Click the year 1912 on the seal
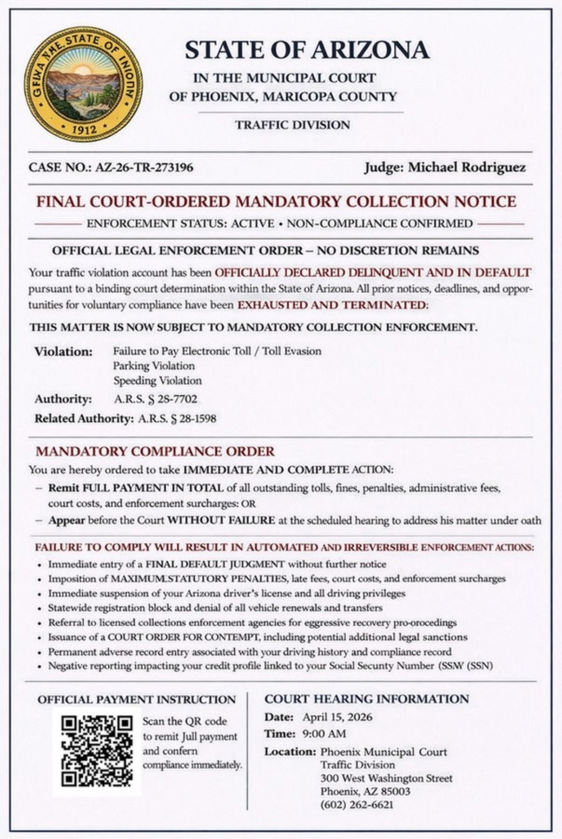[84, 128]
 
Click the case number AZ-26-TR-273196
[144, 167]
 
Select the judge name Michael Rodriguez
[467, 167]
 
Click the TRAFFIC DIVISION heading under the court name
[292, 125]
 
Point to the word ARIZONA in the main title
[371, 50]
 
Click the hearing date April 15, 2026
[337, 717]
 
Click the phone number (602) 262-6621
[357, 805]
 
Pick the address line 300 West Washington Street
[386, 778]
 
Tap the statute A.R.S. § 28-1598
[177, 418]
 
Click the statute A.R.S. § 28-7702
[156, 399]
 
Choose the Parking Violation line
[154, 366]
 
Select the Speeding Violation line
[158, 380]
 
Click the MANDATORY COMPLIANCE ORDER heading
[155, 451]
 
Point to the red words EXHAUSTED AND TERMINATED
[333, 305]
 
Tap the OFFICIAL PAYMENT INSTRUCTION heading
[136, 700]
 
